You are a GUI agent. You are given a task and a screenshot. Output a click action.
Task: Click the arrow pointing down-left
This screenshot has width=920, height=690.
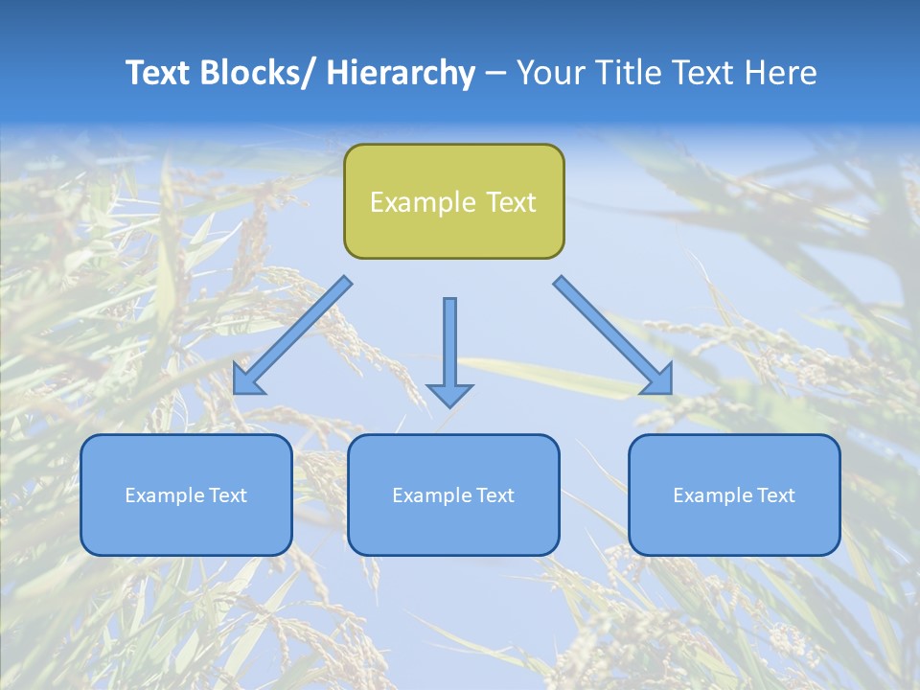tap(292, 335)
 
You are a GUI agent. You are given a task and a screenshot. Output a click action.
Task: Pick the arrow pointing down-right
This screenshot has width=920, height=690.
tap(613, 335)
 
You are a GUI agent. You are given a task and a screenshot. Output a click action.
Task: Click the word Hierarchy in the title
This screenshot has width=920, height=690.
tap(401, 73)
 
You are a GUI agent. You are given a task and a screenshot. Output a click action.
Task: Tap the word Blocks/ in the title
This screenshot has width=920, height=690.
tap(255, 73)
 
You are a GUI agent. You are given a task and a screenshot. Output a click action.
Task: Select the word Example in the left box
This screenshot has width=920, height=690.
tap(165, 495)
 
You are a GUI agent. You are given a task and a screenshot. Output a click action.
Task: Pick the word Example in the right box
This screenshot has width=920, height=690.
tap(713, 495)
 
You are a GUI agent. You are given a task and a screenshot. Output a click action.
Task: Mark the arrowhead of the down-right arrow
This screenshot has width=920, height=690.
tap(659, 381)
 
